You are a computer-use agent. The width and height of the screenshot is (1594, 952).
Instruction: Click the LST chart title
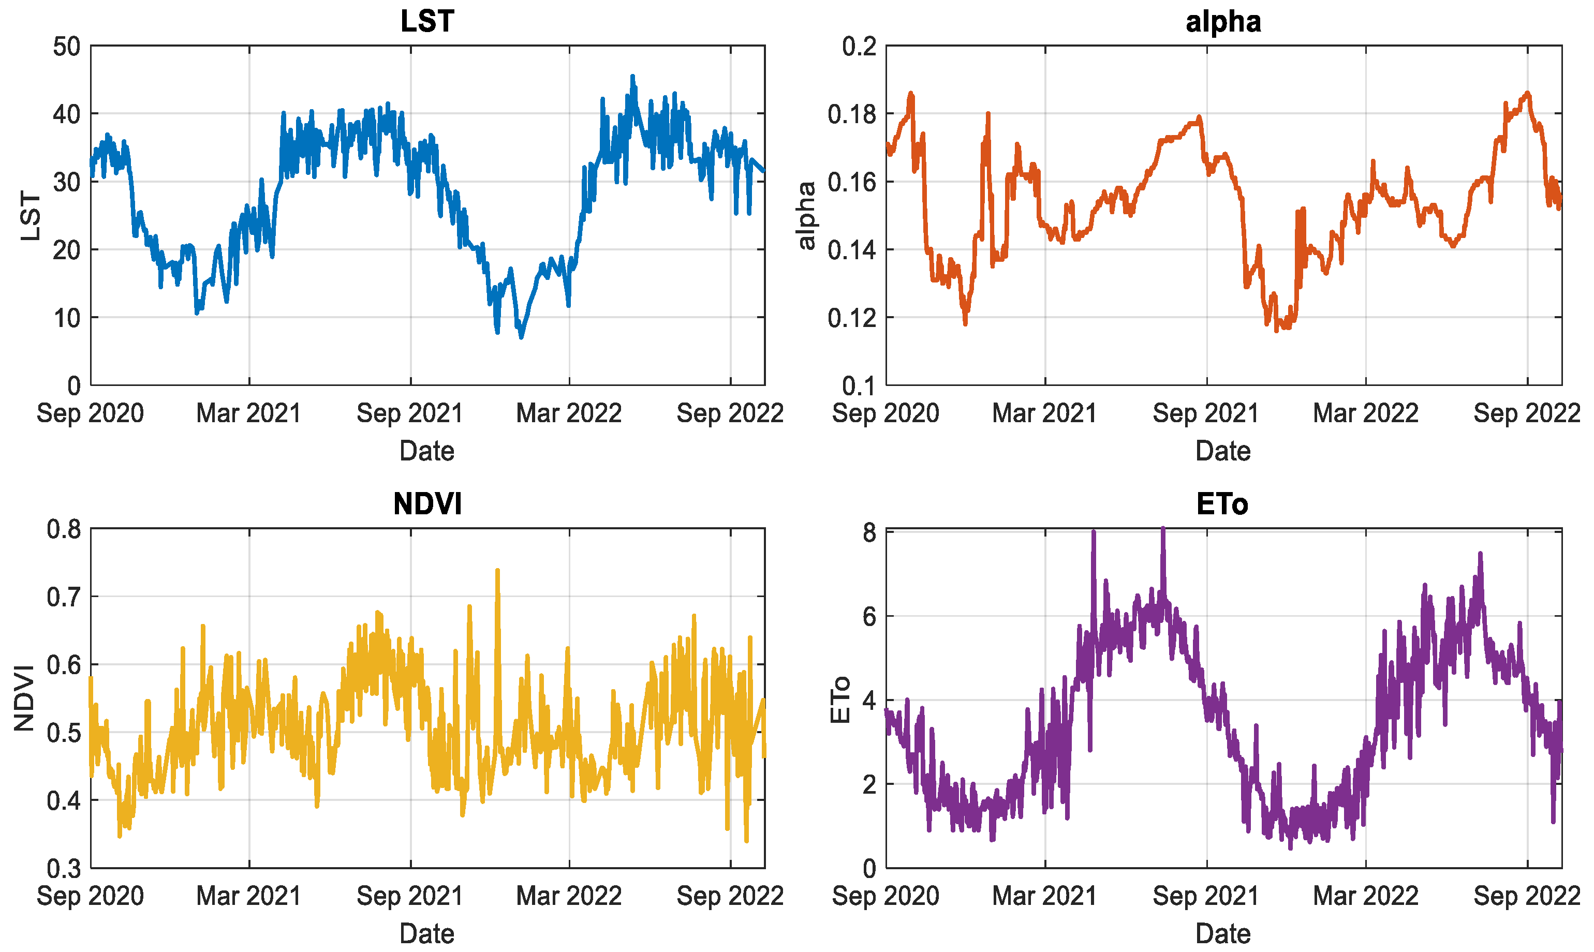[427, 21]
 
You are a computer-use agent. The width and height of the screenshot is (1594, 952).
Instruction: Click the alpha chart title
[1223, 21]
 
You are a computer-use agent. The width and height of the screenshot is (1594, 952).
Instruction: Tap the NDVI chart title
[427, 504]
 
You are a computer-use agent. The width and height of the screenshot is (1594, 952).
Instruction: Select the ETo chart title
[1222, 504]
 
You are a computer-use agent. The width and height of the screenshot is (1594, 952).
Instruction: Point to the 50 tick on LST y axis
[67, 47]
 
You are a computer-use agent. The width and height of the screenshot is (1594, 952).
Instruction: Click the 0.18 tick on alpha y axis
[851, 114]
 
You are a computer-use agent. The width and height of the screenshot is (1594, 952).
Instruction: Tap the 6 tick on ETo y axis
[869, 617]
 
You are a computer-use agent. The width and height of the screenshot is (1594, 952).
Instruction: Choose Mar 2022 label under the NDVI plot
[569, 896]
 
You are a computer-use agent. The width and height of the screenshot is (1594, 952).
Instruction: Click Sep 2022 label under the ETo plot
[1527, 896]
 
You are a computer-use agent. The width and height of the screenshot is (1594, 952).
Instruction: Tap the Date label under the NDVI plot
[427, 934]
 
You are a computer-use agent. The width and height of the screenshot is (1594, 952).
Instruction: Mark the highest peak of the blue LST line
[633, 77]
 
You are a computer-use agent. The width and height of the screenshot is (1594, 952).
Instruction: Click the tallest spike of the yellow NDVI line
[497, 570]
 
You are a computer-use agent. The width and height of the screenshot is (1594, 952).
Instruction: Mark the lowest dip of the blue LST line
[521, 337]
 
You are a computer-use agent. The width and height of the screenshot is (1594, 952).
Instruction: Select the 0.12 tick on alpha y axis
[851, 318]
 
